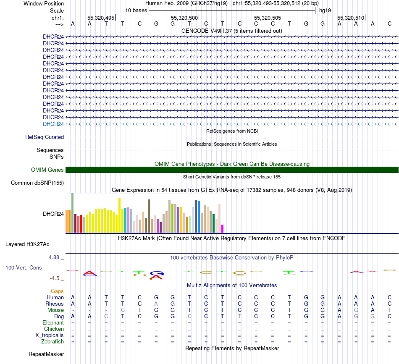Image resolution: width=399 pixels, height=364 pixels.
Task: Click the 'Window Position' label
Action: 44,3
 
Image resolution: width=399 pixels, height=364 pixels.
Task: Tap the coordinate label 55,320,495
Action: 101,18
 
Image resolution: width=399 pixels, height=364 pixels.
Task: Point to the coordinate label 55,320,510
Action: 351,18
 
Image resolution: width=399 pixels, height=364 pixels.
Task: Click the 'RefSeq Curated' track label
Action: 45,137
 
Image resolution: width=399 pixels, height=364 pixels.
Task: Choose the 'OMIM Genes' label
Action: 47,170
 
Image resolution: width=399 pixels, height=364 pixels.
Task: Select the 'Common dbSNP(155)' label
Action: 37,183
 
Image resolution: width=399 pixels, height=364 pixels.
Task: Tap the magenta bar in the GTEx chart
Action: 223,228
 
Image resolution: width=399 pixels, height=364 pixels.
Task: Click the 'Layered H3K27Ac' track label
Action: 33,244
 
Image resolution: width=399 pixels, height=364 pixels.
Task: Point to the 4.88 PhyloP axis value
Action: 56,257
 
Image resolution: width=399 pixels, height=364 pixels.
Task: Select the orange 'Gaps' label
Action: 57,291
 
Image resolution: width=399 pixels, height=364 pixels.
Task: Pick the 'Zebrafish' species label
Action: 52,342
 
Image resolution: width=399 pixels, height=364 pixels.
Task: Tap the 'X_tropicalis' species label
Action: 50,335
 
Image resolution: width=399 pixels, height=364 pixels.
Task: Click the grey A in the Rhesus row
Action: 156,304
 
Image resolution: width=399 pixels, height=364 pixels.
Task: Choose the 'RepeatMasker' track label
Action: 46,354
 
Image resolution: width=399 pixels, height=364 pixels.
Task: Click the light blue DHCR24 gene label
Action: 53,124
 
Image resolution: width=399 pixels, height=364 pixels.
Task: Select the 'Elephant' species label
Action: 53,323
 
